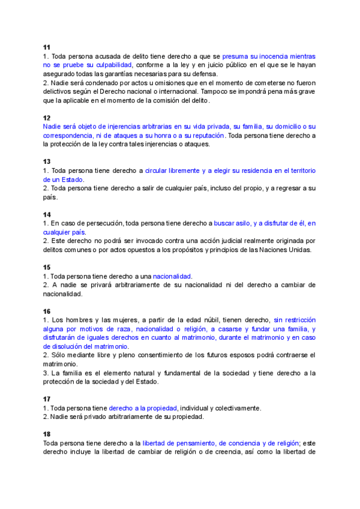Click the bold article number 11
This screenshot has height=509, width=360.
[47, 47]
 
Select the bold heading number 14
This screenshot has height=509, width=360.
[47, 214]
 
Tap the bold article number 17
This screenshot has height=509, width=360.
[47, 399]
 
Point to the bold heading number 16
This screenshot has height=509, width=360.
[47, 312]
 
